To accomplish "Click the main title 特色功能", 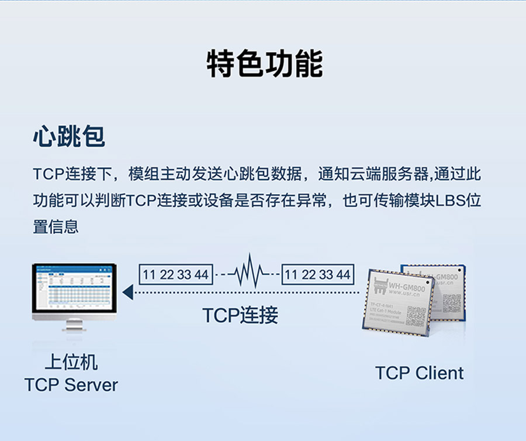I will pyautogui.click(x=264, y=64).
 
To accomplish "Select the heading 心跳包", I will pyautogui.click(x=69, y=137).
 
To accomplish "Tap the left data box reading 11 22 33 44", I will pyautogui.click(x=175, y=274).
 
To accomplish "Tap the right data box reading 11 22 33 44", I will pyautogui.click(x=318, y=274).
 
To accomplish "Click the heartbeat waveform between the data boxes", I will pyautogui.click(x=247, y=272).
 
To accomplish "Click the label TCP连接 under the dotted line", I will pyautogui.click(x=240, y=316).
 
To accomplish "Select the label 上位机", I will pyautogui.click(x=71, y=363).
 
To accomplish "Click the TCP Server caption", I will pyautogui.click(x=71, y=385).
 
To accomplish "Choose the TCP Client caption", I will pyautogui.click(x=419, y=373).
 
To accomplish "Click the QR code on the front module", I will pyautogui.click(x=416, y=316).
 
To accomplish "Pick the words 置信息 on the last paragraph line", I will pyautogui.click(x=56, y=227).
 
